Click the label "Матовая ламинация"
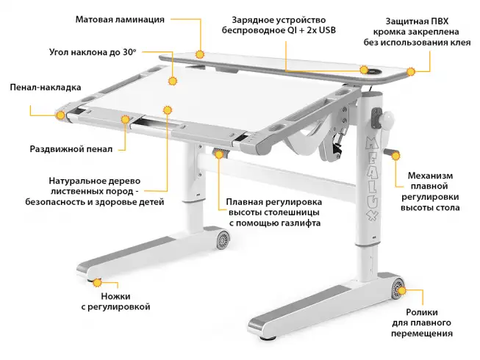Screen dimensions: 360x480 [x=120, y=19]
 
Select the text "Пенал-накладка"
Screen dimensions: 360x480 [x=45, y=87]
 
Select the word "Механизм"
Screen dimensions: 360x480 [x=430, y=176]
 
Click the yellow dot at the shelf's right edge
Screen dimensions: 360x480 [x=412, y=71]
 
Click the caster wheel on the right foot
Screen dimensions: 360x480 [x=398, y=286]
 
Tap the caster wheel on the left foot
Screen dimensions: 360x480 [x=221, y=238]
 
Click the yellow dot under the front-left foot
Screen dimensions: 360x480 [x=96, y=280]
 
